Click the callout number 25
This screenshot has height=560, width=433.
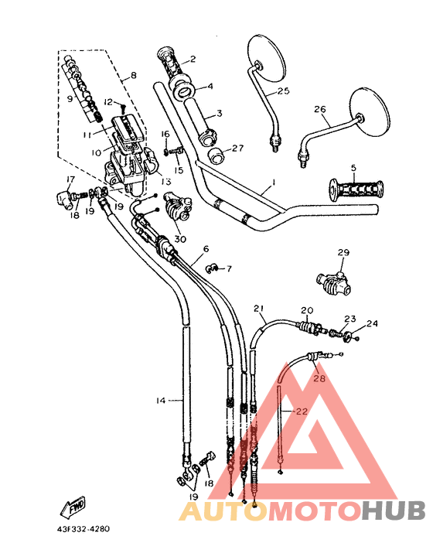(x=283, y=92)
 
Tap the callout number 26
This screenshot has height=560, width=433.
(x=319, y=109)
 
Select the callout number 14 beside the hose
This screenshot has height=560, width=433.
(x=160, y=400)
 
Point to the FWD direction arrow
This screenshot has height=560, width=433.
(x=73, y=508)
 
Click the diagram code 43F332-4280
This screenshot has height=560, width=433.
(x=84, y=530)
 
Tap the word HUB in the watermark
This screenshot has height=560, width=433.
(x=394, y=510)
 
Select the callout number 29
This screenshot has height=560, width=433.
(x=343, y=253)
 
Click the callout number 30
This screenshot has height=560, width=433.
(x=180, y=239)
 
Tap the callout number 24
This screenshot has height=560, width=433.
(x=373, y=323)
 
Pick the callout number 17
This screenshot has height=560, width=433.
(x=70, y=180)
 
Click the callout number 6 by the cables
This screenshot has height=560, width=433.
(x=205, y=249)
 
